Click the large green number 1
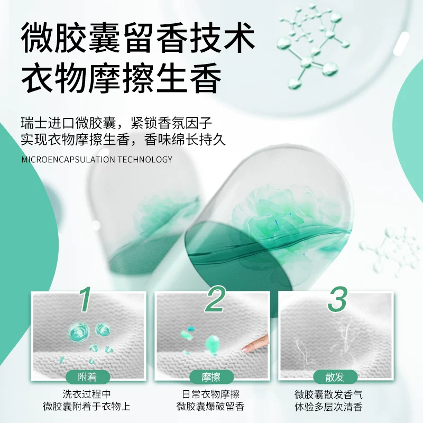pos(86,299)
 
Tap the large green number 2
pos(215,299)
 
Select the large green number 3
pos(337,299)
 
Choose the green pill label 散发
pos(336,377)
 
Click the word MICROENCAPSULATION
pos(68,159)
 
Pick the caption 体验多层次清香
pos(336,407)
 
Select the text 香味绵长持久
pos(180,141)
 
